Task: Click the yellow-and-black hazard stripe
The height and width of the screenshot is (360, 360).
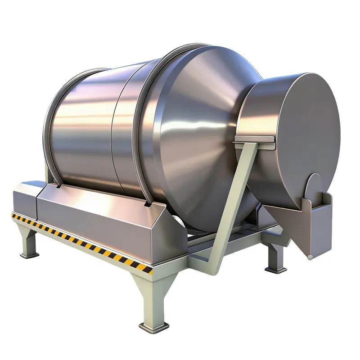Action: [81, 240]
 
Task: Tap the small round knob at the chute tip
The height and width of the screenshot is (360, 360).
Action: [310, 257]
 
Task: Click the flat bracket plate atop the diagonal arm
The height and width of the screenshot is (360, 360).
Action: [254, 139]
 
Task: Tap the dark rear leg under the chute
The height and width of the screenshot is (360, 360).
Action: [275, 256]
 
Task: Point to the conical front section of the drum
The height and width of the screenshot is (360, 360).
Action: [202, 135]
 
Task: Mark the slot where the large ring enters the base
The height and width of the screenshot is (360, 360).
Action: [147, 204]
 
